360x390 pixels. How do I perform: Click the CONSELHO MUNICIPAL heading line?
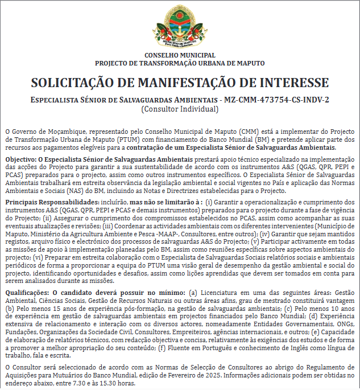[x=180, y=55]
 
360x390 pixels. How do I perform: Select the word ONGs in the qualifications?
[x=347, y=325]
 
